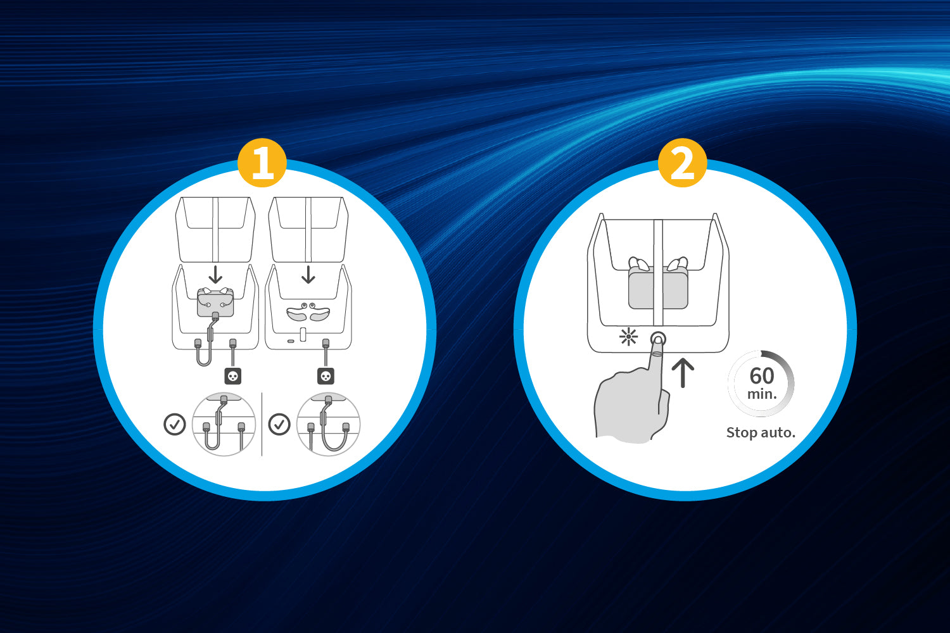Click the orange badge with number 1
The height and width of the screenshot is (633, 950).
(262, 163)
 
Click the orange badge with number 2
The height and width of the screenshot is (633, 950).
(682, 163)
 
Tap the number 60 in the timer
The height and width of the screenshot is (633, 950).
(762, 375)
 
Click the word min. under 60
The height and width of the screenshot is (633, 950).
(762, 394)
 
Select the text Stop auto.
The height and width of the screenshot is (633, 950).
(761, 432)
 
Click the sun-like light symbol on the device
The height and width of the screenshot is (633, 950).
(628, 337)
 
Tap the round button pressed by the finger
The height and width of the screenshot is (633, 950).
(658, 339)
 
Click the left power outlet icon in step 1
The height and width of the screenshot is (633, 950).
(233, 376)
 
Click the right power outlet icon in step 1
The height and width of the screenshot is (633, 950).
(326, 376)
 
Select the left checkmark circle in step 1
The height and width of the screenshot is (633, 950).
(175, 424)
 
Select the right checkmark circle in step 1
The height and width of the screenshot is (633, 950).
(279, 424)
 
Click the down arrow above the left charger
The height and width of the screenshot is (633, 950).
(215, 275)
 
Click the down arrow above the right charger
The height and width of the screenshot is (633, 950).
(308, 275)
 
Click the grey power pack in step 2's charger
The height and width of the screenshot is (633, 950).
(658, 289)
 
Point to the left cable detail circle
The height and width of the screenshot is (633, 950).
(224, 424)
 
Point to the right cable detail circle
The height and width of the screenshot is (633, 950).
(328, 424)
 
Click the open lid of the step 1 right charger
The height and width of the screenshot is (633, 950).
(308, 229)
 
